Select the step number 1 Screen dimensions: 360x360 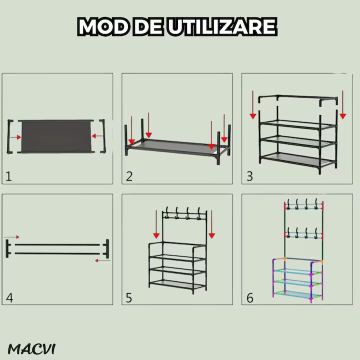point(8,175)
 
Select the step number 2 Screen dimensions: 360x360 point(129,176)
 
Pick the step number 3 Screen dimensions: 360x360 point(249,176)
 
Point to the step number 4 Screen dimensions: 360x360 point(9,298)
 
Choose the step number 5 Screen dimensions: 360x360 point(129,298)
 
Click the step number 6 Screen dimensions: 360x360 point(250,298)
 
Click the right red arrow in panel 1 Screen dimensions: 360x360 point(96,136)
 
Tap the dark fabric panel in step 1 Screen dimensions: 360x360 point(56,136)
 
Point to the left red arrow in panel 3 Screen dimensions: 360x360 point(253,105)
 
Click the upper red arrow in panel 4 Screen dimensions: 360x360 point(13,236)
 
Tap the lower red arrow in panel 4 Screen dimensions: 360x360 point(103,260)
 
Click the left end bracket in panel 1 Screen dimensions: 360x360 point(10,135)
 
